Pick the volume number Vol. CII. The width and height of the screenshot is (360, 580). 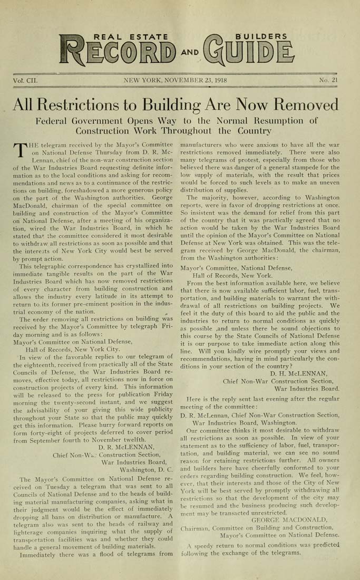[x=26, y=81]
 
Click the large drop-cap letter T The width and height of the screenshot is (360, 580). [x=20, y=149]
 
